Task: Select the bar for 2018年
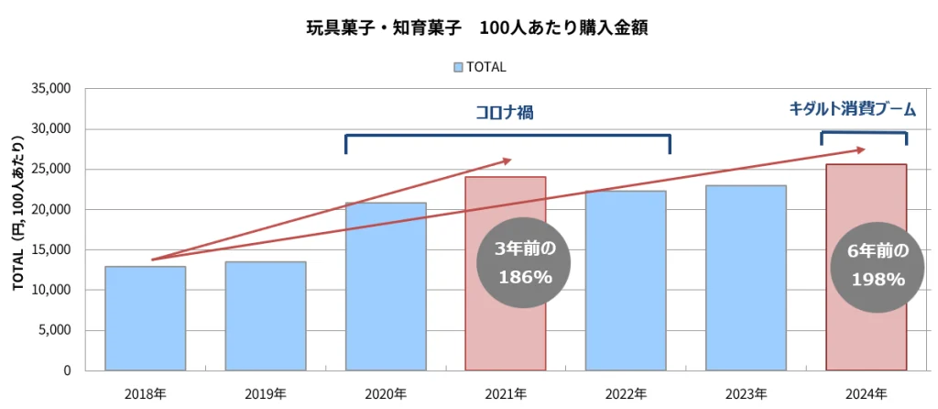tap(145, 318)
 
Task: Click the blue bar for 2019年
tap(265, 315)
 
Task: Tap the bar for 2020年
tap(386, 286)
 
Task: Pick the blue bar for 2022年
tap(626, 281)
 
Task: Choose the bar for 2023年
tap(746, 278)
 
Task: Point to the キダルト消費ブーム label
tap(852, 108)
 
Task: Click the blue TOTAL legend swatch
tap(457, 67)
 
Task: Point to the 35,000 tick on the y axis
tap(50, 89)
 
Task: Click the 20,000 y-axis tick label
tap(50, 209)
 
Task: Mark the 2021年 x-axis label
tap(506, 393)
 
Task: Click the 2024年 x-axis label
tap(866, 393)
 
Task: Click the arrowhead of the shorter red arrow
tap(508, 160)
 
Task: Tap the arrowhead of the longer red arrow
tap(860, 149)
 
